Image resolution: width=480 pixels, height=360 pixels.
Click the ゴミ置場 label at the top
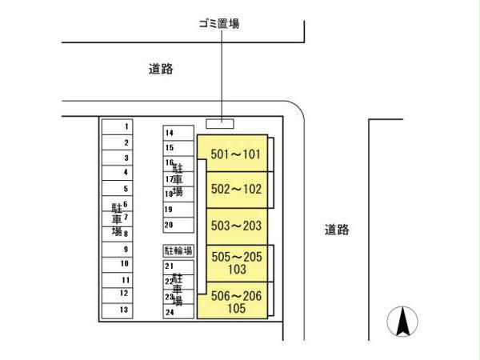point(218,24)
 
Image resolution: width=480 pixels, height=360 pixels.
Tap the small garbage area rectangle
point(219,123)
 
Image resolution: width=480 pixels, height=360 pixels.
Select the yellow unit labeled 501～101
point(235,154)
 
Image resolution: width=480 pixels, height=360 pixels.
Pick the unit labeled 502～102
point(235,190)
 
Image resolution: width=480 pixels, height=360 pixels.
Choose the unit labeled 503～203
point(235,226)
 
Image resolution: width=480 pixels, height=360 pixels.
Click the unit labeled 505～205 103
point(235,263)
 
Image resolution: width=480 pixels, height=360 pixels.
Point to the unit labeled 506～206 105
point(235,301)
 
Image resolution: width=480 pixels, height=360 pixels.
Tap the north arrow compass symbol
point(404,322)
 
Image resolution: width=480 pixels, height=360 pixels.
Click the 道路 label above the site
point(161,70)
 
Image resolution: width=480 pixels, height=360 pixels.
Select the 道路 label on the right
point(337,230)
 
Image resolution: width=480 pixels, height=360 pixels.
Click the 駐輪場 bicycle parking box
point(178,250)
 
